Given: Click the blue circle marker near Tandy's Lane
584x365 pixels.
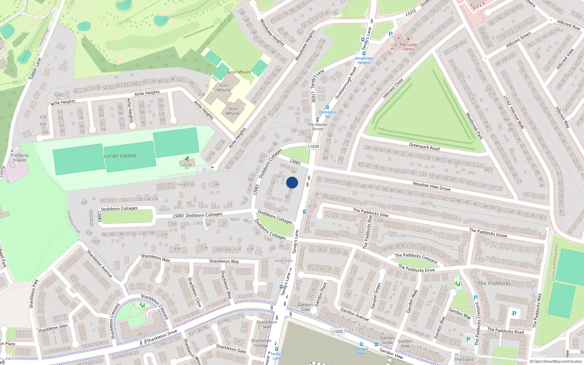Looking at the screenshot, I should click(x=292, y=182).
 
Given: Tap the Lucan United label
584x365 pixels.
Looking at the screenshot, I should click(x=120, y=155).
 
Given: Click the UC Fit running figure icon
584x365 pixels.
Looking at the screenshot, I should click(x=187, y=159).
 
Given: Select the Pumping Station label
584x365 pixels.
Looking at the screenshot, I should click(x=20, y=158).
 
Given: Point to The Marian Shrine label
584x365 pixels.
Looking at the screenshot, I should click(x=318, y=127).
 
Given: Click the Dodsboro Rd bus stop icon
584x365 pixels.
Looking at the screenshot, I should click(x=327, y=108).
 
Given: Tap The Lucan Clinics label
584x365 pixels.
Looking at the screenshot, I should click(x=408, y=47).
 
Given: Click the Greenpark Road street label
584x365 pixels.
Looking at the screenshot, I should click(x=424, y=146).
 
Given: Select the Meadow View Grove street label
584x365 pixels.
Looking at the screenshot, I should click(x=431, y=187).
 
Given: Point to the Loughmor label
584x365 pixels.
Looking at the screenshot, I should click(x=186, y=184).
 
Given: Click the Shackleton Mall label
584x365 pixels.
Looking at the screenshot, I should click(x=267, y=324).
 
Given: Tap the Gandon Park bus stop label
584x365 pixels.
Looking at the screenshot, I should click(x=361, y=351).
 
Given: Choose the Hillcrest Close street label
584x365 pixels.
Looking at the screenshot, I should click(x=393, y=88).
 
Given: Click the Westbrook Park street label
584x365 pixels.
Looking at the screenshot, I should click(x=474, y=126).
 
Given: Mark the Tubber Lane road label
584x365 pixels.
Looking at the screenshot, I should click(x=35, y=69).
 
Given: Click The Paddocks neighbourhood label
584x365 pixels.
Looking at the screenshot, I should click(x=494, y=283).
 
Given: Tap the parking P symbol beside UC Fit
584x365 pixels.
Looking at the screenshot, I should click(x=204, y=170).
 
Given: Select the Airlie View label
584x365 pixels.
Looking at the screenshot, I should click(x=284, y=261).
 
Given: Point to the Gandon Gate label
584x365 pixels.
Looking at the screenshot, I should click(x=306, y=307).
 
